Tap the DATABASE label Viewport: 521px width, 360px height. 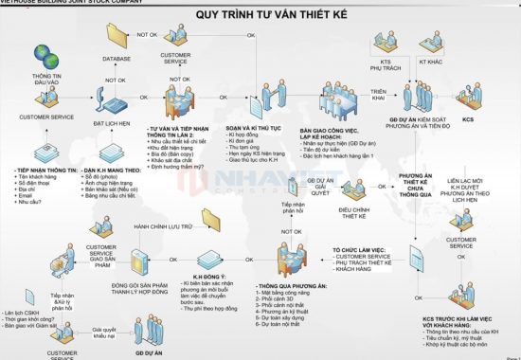(117, 59)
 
